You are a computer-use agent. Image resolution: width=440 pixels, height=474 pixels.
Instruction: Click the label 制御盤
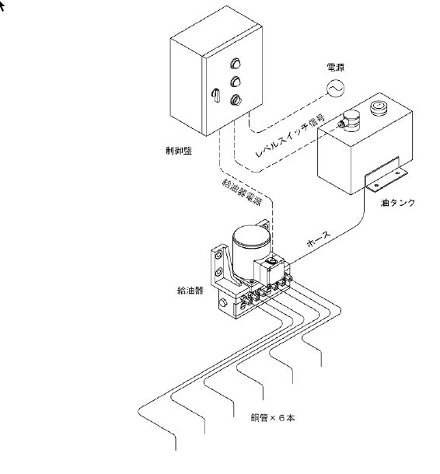pos(179,151)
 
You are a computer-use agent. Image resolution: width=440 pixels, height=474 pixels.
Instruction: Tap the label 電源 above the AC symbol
pos(335,68)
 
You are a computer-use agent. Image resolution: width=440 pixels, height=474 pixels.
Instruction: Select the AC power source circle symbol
pos(335,89)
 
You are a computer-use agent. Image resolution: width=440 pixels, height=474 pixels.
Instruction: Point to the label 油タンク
pos(398,203)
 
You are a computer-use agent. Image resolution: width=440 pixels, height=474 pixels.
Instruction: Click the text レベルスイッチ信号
pos(290,135)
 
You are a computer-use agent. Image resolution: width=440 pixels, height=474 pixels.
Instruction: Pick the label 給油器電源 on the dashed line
pos(242,192)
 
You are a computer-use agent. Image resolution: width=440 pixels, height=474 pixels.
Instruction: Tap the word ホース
pos(319,239)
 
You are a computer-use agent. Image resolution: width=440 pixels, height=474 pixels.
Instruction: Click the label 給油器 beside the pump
pos(190,291)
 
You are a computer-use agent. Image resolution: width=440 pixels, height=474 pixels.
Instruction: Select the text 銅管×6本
pos(273,418)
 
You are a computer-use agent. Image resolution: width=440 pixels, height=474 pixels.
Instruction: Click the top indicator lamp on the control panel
pos(235,63)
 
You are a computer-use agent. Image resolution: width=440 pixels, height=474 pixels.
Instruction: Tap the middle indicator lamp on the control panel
pos(235,82)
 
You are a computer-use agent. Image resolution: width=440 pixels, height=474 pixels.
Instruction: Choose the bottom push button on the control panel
pos(235,99)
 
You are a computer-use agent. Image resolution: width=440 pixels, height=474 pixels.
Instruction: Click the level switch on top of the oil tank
pos(349,120)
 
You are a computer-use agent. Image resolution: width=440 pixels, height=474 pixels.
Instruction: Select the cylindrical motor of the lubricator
pos(251,250)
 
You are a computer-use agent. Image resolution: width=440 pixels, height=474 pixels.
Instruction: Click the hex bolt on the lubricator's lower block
pos(223,302)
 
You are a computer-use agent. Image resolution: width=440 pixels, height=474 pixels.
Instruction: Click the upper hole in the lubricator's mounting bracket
pos(218,256)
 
